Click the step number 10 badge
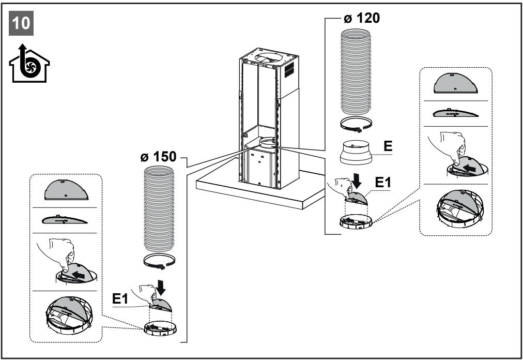pos(21,23)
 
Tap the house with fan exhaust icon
pos(29,63)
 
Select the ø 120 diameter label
pos(362,18)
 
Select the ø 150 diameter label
pos(158,156)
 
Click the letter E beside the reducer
pos(388,146)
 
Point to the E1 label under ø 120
pos(383,183)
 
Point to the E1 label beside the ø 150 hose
pos(120,298)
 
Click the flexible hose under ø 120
pos(356,72)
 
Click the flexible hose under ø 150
pos(159,209)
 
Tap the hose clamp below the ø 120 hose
pos(356,124)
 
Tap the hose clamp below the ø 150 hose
pos(160,262)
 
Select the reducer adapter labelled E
pos(356,152)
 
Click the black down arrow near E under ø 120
pos(357,181)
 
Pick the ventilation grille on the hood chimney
pos(289,70)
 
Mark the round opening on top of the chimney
pos(269,58)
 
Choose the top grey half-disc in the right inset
pos(456,83)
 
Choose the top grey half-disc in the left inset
pos(66,190)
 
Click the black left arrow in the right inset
pos(469,168)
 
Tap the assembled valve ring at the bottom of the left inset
pos(69,316)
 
